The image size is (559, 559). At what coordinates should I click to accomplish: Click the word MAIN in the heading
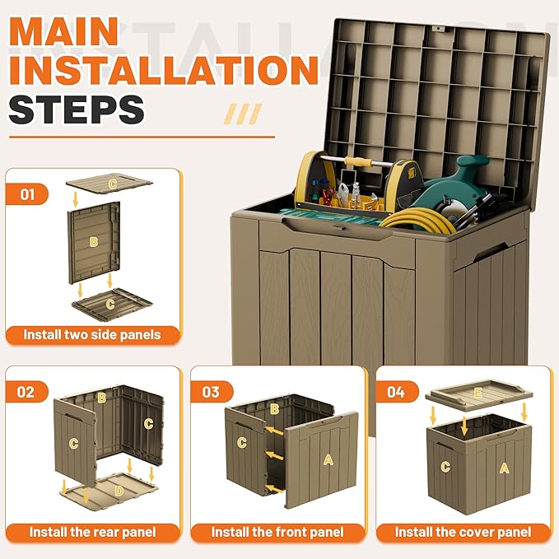(x=64, y=31)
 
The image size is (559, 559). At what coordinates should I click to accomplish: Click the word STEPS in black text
(x=77, y=109)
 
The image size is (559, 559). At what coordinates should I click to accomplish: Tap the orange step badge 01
(x=27, y=194)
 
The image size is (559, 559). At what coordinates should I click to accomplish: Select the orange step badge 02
(x=27, y=392)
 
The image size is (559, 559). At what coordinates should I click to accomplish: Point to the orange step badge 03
(x=212, y=392)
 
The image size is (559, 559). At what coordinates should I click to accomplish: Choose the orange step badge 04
(x=397, y=392)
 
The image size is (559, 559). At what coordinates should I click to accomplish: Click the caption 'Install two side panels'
(x=92, y=335)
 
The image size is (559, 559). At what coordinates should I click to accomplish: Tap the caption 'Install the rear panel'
(x=92, y=533)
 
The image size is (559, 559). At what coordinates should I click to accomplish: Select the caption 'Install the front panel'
(x=277, y=533)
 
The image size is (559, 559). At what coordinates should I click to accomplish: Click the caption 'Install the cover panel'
(x=464, y=533)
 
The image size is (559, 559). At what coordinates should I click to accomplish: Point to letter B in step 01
(x=93, y=242)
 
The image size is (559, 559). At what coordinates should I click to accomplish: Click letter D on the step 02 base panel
(x=119, y=491)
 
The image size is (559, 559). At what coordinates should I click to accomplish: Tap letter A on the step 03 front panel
(x=328, y=460)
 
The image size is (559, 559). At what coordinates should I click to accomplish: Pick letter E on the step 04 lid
(x=478, y=393)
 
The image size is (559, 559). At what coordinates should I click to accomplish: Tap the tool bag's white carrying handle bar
(x=363, y=162)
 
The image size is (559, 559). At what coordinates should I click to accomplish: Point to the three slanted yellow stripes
(x=243, y=114)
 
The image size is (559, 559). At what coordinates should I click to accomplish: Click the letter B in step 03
(x=274, y=409)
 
